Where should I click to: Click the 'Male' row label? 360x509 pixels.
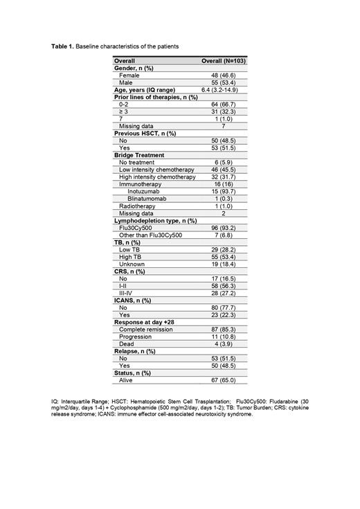pyautogui.click(x=126, y=82)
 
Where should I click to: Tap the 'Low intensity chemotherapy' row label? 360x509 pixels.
pyautogui.click(x=156, y=169)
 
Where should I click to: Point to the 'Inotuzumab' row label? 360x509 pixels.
pyautogui.click(x=143, y=191)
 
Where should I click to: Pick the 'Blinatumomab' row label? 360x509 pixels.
pyautogui.click(x=146, y=198)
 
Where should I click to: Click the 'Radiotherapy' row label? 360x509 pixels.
pyautogui.click(x=137, y=206)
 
